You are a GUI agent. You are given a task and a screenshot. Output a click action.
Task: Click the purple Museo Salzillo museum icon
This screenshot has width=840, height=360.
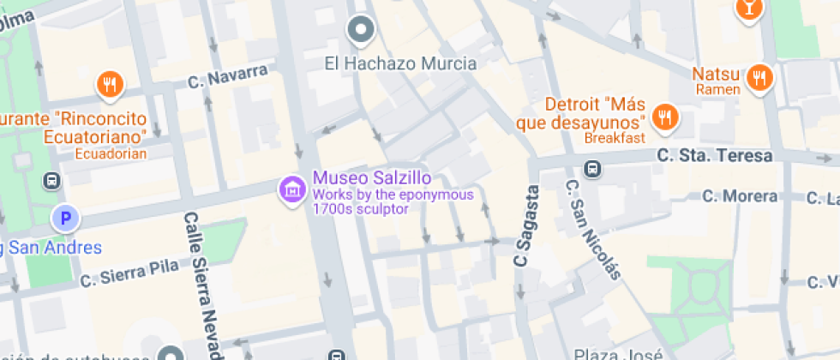coord(292,189)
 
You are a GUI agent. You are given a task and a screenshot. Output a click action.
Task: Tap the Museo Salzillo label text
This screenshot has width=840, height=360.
coord(371,179)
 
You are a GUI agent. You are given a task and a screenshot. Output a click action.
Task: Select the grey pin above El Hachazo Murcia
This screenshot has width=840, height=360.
coord(362,30)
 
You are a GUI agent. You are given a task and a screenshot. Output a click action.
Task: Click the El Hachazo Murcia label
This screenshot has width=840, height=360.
coord(400,63)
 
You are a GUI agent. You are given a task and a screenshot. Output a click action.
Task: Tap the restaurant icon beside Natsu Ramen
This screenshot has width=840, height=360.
coord(759,78)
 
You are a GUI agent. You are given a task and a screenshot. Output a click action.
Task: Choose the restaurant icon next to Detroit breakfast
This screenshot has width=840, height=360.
coord(664,117)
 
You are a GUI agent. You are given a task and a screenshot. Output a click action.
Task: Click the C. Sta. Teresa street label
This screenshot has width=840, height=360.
coord(715,156)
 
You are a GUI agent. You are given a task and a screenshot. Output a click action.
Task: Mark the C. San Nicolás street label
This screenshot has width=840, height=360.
coord(591,229)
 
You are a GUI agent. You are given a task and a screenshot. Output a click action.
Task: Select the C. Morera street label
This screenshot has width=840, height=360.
coord(739,196)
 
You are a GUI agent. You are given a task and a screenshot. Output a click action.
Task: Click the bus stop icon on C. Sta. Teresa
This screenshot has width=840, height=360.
coord(591,167)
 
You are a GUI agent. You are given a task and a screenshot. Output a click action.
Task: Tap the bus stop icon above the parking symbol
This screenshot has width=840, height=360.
coord(52,181)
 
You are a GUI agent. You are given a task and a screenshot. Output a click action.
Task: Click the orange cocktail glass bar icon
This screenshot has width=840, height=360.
coord(748,9)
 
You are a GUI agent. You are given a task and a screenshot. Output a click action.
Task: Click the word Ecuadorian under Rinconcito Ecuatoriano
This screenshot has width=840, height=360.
coord(111,154)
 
